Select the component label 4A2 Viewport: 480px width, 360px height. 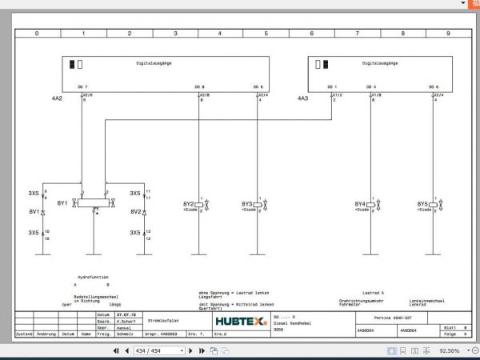point(56,98)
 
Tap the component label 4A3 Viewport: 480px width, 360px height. point(302,98)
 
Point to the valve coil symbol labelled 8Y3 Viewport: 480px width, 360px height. point(258,205)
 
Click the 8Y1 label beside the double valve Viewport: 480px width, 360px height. point(62,203)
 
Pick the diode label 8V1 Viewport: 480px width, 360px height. point(34,212)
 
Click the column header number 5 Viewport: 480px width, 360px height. point(266,34)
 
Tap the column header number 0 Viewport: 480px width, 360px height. point(37,34)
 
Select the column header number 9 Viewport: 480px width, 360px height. point(448,34)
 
